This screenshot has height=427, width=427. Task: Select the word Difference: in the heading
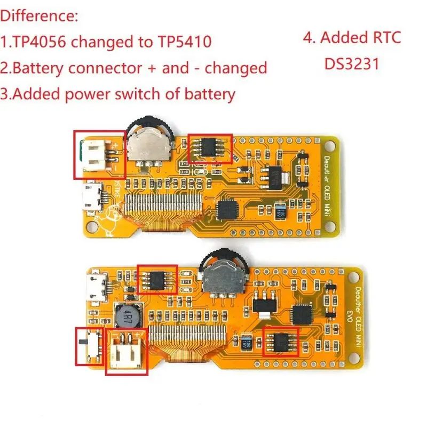coord(39,15)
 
